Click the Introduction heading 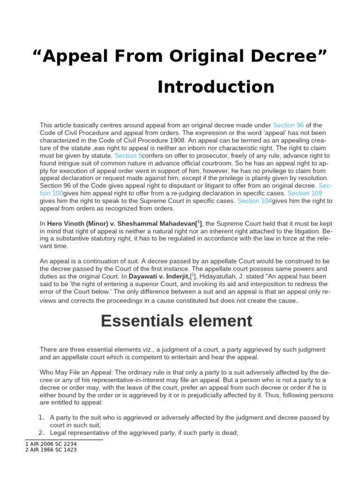point(216,87)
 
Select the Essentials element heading point(176,321)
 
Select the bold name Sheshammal point(148,224)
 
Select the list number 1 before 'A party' point(41,417)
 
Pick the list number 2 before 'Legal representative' point(41,433)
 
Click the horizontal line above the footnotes point(64,440)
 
